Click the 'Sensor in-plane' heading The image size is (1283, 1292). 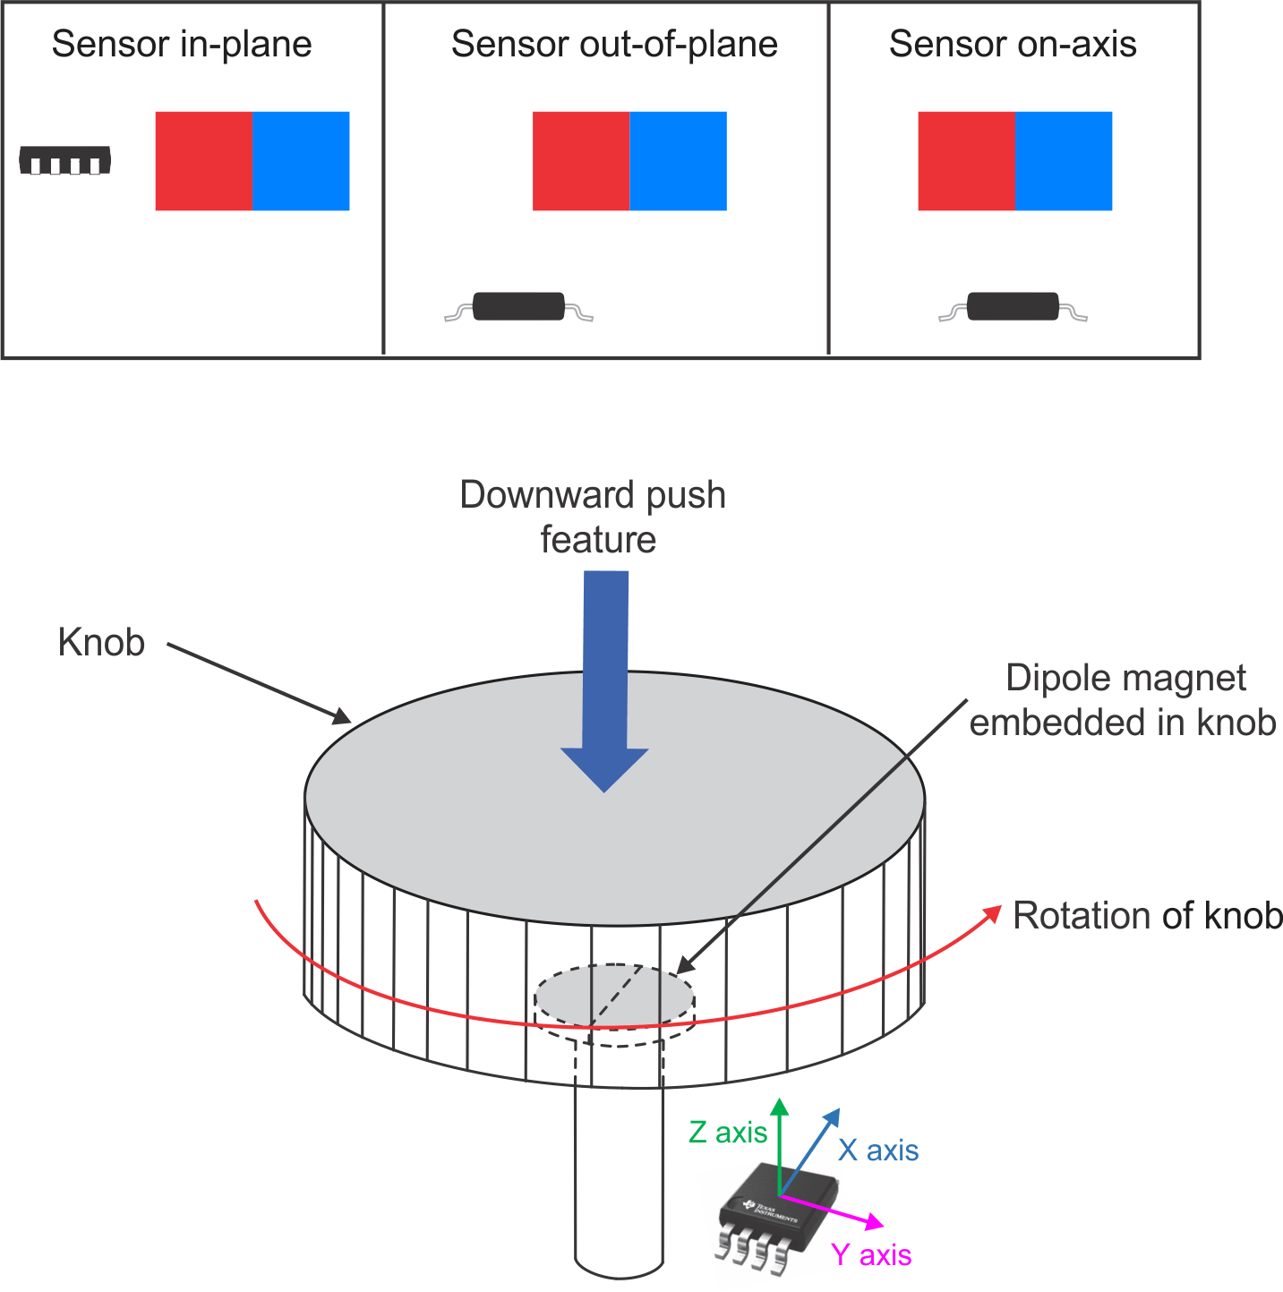click(182, 44)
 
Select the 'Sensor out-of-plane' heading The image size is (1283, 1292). click(614, 44)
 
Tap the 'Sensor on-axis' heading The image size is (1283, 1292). click(1013, 44)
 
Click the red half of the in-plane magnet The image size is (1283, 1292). click(203, 161)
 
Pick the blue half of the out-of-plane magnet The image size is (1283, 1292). click(678, 161)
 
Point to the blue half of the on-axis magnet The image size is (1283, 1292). click(1064, 161)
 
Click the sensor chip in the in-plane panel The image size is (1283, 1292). click(65, 160)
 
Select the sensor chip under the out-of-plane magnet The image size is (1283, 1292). click(518, 307)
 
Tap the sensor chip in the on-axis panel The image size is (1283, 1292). click(1013, 307)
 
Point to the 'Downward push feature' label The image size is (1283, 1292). click(594, 517)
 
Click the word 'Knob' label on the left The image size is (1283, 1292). click(101, 642)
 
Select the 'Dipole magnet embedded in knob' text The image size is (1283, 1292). click(1125, 699)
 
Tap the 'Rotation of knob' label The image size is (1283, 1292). click(1147, 916)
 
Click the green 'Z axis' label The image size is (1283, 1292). click(728, 1133)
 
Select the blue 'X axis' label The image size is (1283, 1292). click(879, 1151)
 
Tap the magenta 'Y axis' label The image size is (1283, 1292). click(871, 1255)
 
